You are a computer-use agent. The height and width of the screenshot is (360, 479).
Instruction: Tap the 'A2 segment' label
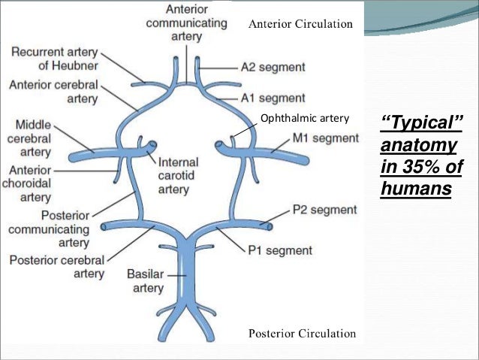click(273, 66)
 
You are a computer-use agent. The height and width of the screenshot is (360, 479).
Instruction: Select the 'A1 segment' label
click(273, 98)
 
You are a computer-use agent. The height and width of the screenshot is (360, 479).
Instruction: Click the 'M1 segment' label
click(325, 138)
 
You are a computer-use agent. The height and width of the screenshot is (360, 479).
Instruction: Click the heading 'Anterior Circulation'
click(300, 24)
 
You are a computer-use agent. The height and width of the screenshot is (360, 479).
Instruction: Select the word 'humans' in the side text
click(416, 187)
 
